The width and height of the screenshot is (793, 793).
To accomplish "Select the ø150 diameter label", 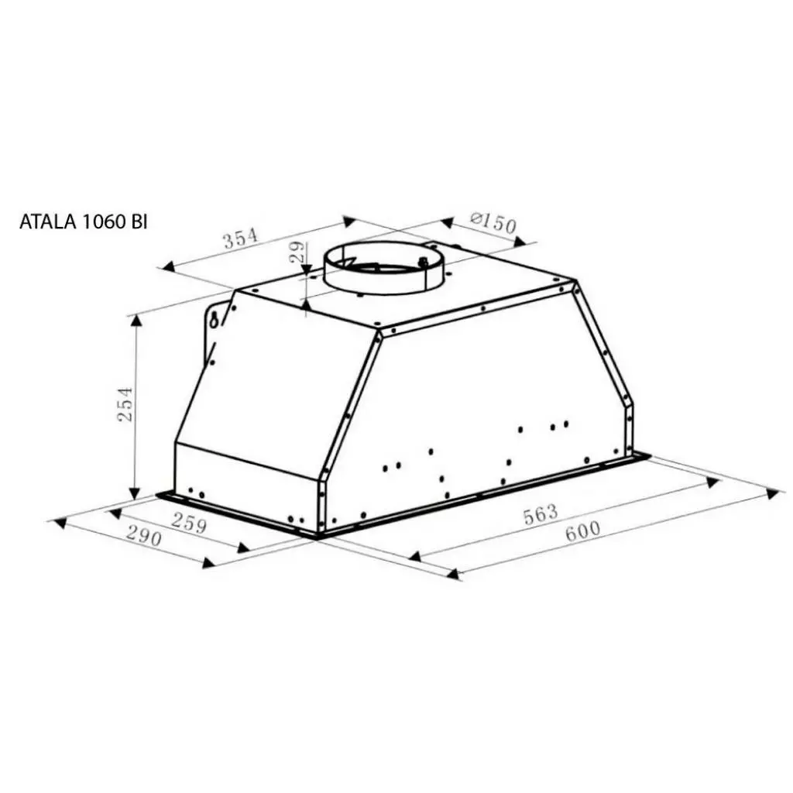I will click(x=493, y=224).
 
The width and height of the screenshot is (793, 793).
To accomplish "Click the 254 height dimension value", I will click(x=125, y=404).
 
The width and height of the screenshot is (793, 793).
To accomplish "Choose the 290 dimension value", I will click(x=143, y=536).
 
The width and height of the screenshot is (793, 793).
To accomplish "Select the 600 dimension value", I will click(x=582, y=531).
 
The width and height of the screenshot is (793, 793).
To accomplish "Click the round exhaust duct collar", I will click(x=384, y=271).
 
